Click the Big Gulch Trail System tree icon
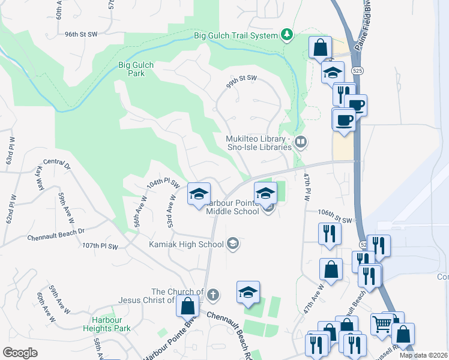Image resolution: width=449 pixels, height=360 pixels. click(288, 35)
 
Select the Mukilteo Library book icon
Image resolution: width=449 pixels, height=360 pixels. click(301, 142)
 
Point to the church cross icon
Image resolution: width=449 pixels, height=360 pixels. click(213, 295)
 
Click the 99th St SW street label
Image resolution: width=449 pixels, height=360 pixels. click(241, 79)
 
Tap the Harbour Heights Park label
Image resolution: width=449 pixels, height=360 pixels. click(111, 324)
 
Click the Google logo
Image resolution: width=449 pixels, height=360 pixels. click(20, 352)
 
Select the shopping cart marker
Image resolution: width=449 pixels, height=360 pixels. click(382, 325)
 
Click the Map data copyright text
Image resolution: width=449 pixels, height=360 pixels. click(423, 355)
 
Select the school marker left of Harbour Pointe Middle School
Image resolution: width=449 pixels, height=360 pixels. click(199, 194)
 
